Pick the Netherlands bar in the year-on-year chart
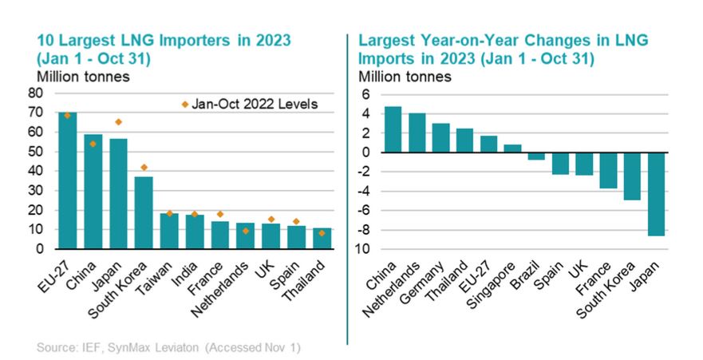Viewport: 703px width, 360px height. tap(417, 133)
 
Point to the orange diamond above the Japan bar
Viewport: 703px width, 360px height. tap(118, 122)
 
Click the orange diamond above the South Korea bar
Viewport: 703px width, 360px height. tap(144, 168)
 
